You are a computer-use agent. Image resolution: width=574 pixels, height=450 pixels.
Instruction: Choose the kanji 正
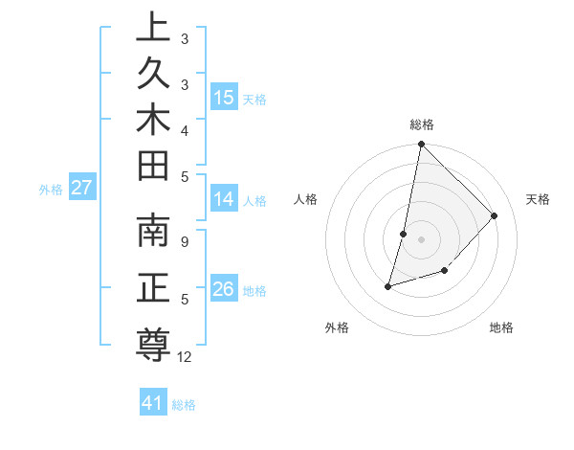click(153, 289)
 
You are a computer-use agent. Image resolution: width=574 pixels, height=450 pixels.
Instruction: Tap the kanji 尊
click(153, 342)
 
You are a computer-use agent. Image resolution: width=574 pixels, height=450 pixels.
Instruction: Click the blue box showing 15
click(224, 98)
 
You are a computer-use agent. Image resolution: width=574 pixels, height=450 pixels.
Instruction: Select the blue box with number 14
click(224, 199)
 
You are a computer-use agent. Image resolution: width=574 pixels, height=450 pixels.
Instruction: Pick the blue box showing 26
click(224, 289)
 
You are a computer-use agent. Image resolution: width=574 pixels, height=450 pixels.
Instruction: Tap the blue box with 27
click(81, 188)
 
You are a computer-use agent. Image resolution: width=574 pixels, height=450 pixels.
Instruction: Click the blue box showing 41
click(153, 403)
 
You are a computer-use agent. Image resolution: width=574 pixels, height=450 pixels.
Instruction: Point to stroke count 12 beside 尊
click(185, 357)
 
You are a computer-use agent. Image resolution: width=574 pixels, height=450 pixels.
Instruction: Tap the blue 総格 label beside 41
click(184, 405)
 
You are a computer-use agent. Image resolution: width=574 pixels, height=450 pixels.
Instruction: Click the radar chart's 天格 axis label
click(538, 199)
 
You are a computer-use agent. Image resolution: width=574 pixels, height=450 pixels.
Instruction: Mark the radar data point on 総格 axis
click(421, 144)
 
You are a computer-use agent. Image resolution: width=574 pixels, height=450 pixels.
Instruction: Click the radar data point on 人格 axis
click(404, 234)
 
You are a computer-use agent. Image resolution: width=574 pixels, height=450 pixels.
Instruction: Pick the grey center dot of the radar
click(421, 239)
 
